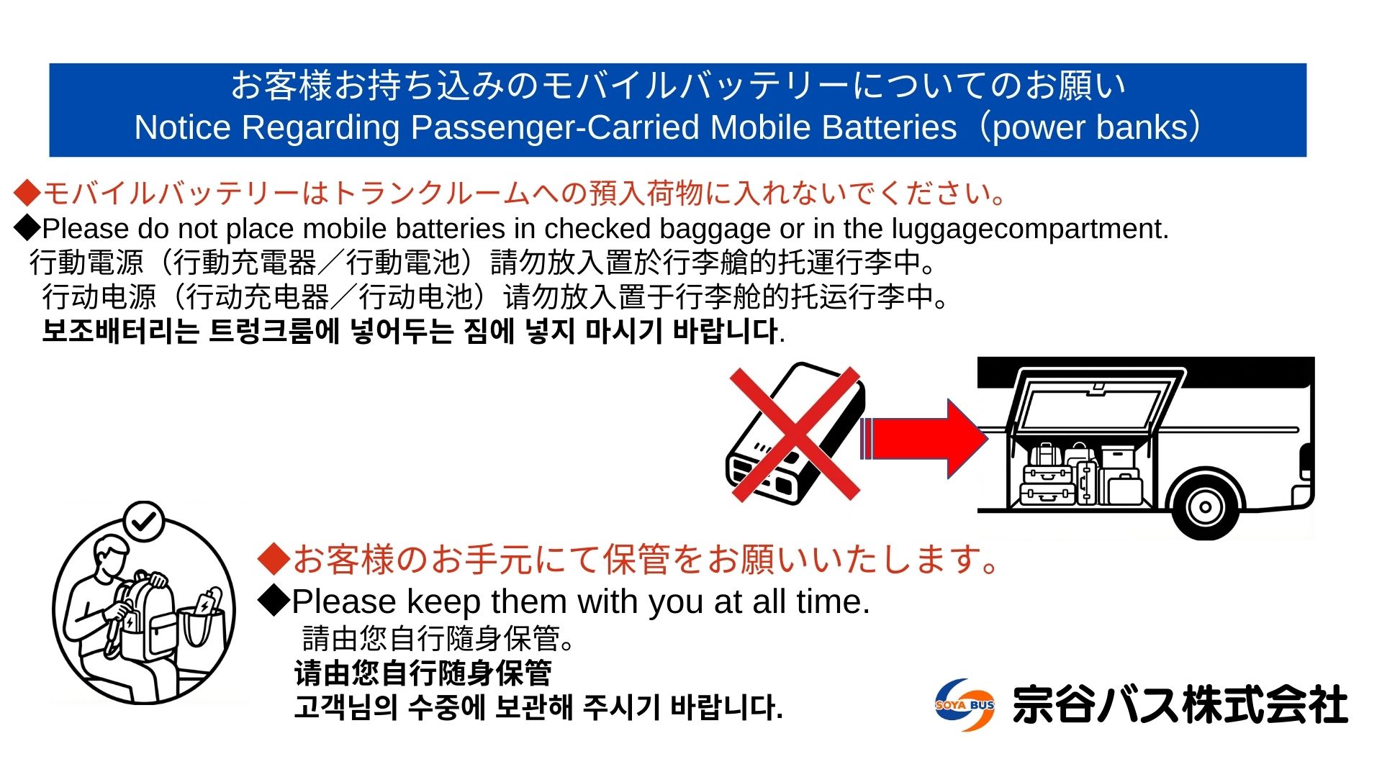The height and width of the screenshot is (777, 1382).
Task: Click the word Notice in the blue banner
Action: click(183, 127)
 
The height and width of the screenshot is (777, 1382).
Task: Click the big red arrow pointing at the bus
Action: click(924, 439)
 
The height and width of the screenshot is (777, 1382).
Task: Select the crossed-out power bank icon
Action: click(795, 434)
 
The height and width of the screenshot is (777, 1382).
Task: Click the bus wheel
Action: click(1205, 506)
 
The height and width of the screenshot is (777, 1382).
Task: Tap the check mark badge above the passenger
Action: click(144, 522)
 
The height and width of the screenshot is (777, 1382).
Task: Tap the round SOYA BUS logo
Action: click(965, 705)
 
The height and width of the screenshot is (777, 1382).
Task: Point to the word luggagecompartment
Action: click(1030, 230)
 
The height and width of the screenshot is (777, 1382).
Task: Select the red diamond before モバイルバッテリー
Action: click(27, 194)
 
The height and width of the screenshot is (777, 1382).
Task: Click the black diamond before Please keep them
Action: click(274, 601)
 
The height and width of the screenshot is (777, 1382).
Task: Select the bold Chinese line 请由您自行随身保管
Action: click(423, 673)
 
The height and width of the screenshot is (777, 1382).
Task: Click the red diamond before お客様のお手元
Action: click(274, 559)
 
